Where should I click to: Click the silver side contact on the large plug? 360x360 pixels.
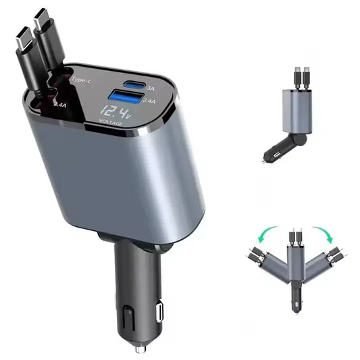tap(159, 312)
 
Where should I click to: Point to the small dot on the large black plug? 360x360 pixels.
tap(127, 312)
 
